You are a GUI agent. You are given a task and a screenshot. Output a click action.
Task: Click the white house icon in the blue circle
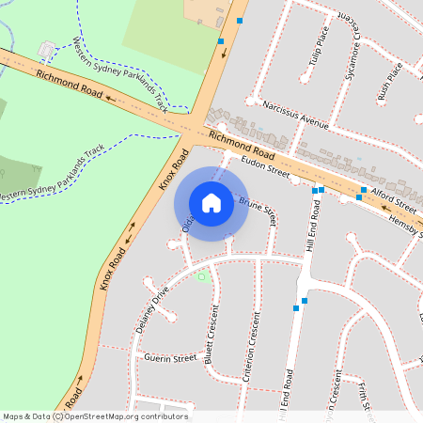pos(211,202)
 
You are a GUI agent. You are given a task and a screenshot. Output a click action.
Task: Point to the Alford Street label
pos(393,199)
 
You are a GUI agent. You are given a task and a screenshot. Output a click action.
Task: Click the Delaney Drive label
pos(149,305)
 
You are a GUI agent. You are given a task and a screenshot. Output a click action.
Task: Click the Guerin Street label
pos(170,357)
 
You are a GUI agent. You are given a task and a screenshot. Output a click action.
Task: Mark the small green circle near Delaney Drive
pos(200,276)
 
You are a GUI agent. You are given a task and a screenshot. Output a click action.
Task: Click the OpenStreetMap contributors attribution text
pos(96,416)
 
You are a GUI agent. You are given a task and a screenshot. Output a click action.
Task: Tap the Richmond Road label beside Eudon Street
pos(242,146)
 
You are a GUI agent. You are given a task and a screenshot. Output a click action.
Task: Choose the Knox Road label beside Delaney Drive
pos(113,269)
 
